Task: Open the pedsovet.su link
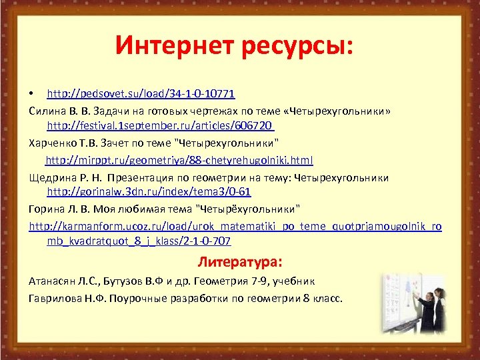(x=141, y=91)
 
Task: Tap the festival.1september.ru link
(x=161, y=125)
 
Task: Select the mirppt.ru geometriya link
(x=179, y=160)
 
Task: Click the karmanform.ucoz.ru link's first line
(x=235, y=225)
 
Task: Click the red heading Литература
(x=241, y=261)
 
